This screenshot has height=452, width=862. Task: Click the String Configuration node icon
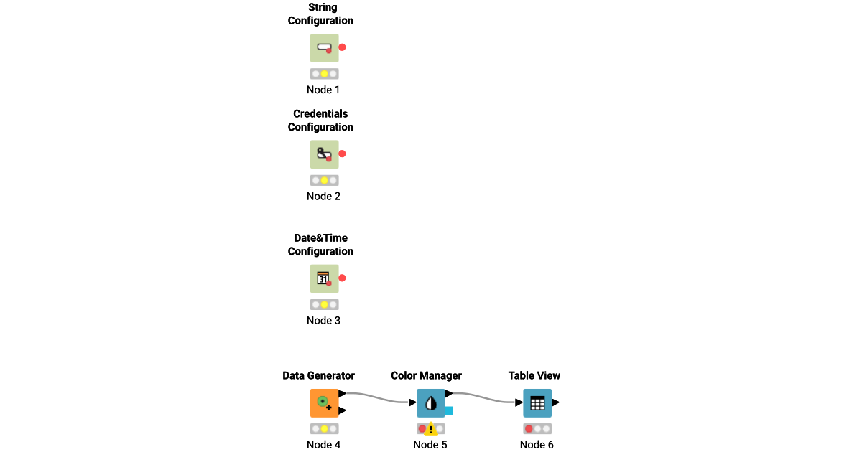324,47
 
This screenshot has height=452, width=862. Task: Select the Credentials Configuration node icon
324,154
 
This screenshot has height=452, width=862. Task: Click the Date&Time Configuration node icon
324,278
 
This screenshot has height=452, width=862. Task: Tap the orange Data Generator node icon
324,402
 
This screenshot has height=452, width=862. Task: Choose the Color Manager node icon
430,402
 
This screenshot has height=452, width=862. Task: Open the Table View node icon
537,402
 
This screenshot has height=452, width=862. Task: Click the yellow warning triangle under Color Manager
431,430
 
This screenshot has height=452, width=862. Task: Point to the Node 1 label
323,90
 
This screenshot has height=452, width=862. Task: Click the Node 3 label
323,321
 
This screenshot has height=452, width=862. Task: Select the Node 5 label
430,445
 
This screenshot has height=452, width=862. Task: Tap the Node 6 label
537,445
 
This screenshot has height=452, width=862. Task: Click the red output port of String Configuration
343,47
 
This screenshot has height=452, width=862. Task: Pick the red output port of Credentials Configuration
343,154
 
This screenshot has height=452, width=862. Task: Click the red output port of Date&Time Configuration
343,278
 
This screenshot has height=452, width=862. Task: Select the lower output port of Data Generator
343,410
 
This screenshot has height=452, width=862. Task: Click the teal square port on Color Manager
449,410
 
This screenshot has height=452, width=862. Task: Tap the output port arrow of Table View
555,402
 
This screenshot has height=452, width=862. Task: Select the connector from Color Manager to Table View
486,397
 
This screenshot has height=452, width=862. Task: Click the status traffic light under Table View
537,429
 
